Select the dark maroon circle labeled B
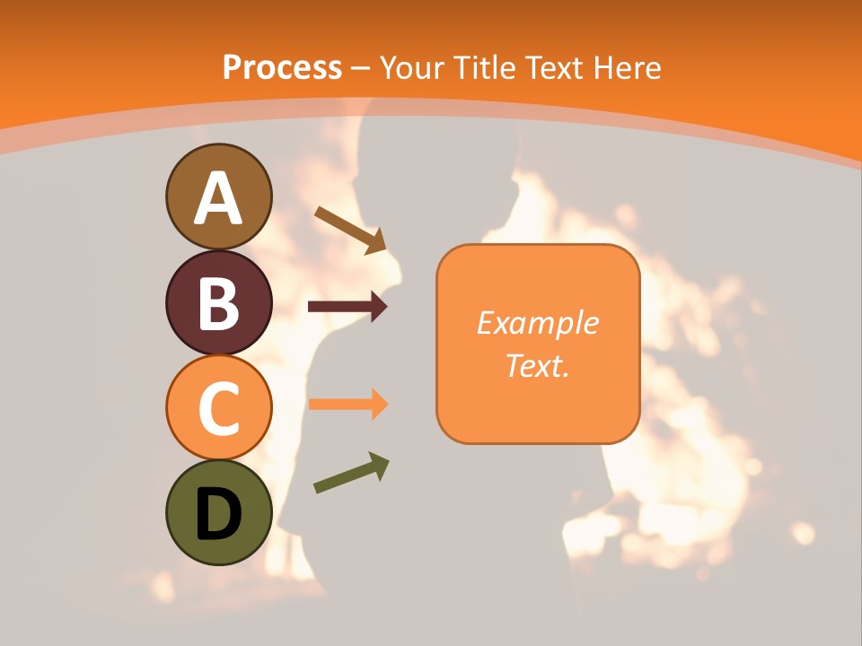click(x=218, y=302)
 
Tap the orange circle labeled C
click(x=218, y=407)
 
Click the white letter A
click(x=218, y=198)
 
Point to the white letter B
click(x=218, y=303)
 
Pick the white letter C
click(x=218, y=408)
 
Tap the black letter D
click(x=218, y=514)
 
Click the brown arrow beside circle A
click(x=350, y=229)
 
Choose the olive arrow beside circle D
click(x=351, y=472)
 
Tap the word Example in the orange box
click(x=537, y=324)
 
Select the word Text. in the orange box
click(x=537, y=365)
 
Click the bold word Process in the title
click(x=282, y=67)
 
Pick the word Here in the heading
click(x=629, y=67)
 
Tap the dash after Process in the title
click(x=361, y=68)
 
